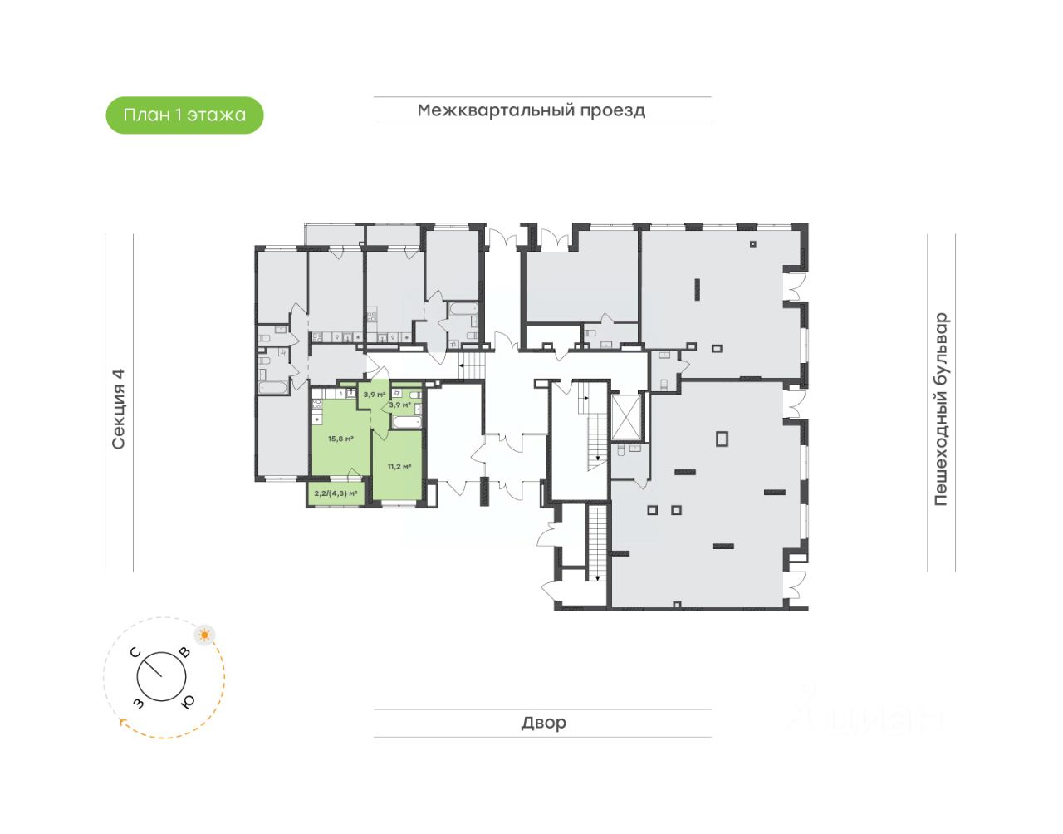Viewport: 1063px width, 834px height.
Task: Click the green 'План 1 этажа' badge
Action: click(184, 115)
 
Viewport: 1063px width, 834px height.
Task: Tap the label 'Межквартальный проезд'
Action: click(531, 110)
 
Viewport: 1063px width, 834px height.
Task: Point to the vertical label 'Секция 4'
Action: click(119, 409)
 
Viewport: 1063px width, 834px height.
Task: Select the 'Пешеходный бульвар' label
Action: click(940, 409)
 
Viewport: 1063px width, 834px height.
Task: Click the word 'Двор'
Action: click(544, 723)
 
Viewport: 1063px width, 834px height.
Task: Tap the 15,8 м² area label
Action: click(340, 439)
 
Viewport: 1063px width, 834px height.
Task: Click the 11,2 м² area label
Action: click(399, 467)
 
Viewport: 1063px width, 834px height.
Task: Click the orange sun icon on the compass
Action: click(204, 635)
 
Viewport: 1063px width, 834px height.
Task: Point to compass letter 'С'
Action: click(139, 653)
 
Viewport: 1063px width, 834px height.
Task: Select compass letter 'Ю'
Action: click(188, 702)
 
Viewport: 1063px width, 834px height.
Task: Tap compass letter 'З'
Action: click(138, 703)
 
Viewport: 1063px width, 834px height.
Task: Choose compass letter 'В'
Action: click(184, 653)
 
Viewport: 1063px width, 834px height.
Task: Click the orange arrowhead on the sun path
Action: click(123, 723)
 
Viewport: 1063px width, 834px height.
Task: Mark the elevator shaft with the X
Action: click(627, 416)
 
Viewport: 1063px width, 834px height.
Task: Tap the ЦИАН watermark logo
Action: click(868, 710)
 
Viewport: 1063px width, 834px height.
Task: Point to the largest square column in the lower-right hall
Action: click(722, 439)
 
